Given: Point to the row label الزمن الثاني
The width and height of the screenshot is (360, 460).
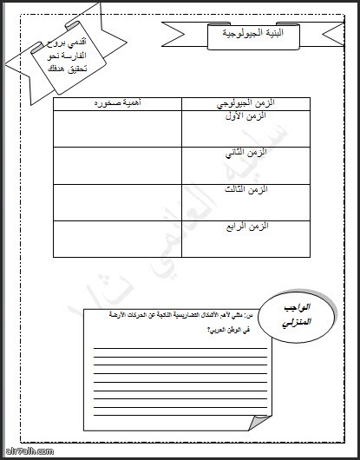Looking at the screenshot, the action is [245, 153].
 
